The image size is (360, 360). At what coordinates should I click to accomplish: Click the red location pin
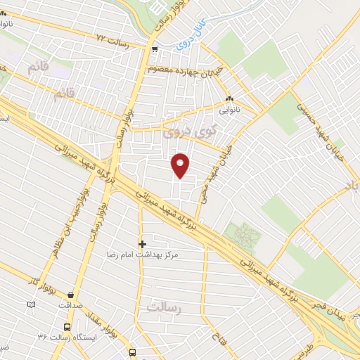(181, 165)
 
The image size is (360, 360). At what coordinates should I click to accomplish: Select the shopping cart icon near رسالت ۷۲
(154, 49)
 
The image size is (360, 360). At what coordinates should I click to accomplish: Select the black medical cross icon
(142, 244)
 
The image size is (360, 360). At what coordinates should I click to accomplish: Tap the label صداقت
(70, 306)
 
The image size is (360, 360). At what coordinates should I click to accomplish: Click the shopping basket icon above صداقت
(70, 295)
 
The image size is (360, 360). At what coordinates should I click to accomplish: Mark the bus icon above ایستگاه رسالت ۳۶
(67, 327)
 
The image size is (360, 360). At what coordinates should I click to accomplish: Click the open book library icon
(30, 305)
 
